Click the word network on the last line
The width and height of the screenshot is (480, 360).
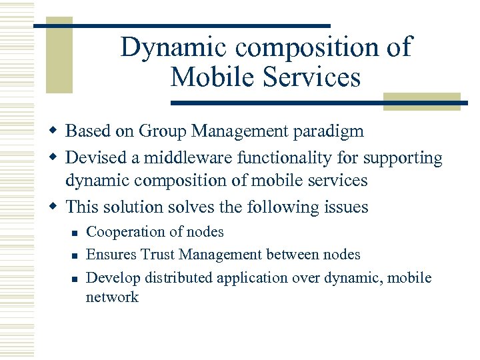coord(112,297)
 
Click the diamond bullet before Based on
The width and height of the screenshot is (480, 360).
coord(56,131)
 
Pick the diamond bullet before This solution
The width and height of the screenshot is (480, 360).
coord(56,207)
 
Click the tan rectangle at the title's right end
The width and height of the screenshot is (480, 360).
coord(421,101)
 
